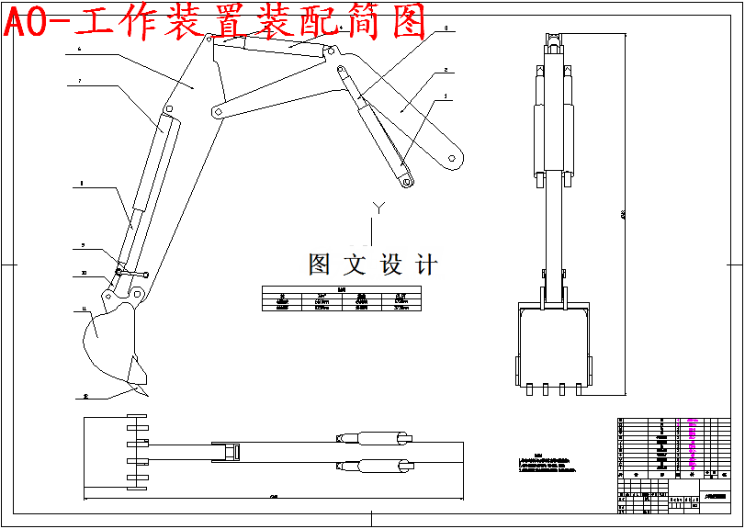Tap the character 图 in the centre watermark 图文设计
click(x=319, y=265)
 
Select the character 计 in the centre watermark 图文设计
click(x=426, y=265)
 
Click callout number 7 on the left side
click(x=80, y=82)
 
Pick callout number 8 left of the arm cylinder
click(x=82, y=184)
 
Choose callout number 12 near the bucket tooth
click(x=85, y=398)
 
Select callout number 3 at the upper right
click(x=446, y=28)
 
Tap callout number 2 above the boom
click(x=446, y=70)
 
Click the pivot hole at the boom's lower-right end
click(x=452, y=158)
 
